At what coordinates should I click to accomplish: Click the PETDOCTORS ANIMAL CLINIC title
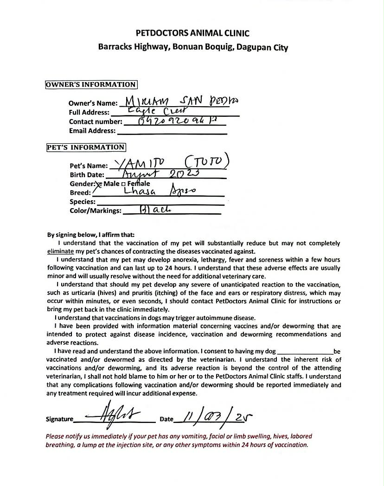tap(192, 33)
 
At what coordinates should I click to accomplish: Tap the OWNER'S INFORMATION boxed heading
tap(91, 84)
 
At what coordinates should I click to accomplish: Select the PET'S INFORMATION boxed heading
tap(86, 147)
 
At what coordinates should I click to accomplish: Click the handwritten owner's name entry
tap(179, 101)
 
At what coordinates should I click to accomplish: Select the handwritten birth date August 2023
tap(160, 174)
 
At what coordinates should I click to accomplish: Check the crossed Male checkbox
tap(99, 184)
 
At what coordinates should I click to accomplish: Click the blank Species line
tap(160, 203)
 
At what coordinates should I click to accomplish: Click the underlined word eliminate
tap(61, 251)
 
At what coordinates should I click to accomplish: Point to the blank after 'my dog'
tap(305, 352)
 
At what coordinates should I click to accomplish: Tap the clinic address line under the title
tap(192, 47)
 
